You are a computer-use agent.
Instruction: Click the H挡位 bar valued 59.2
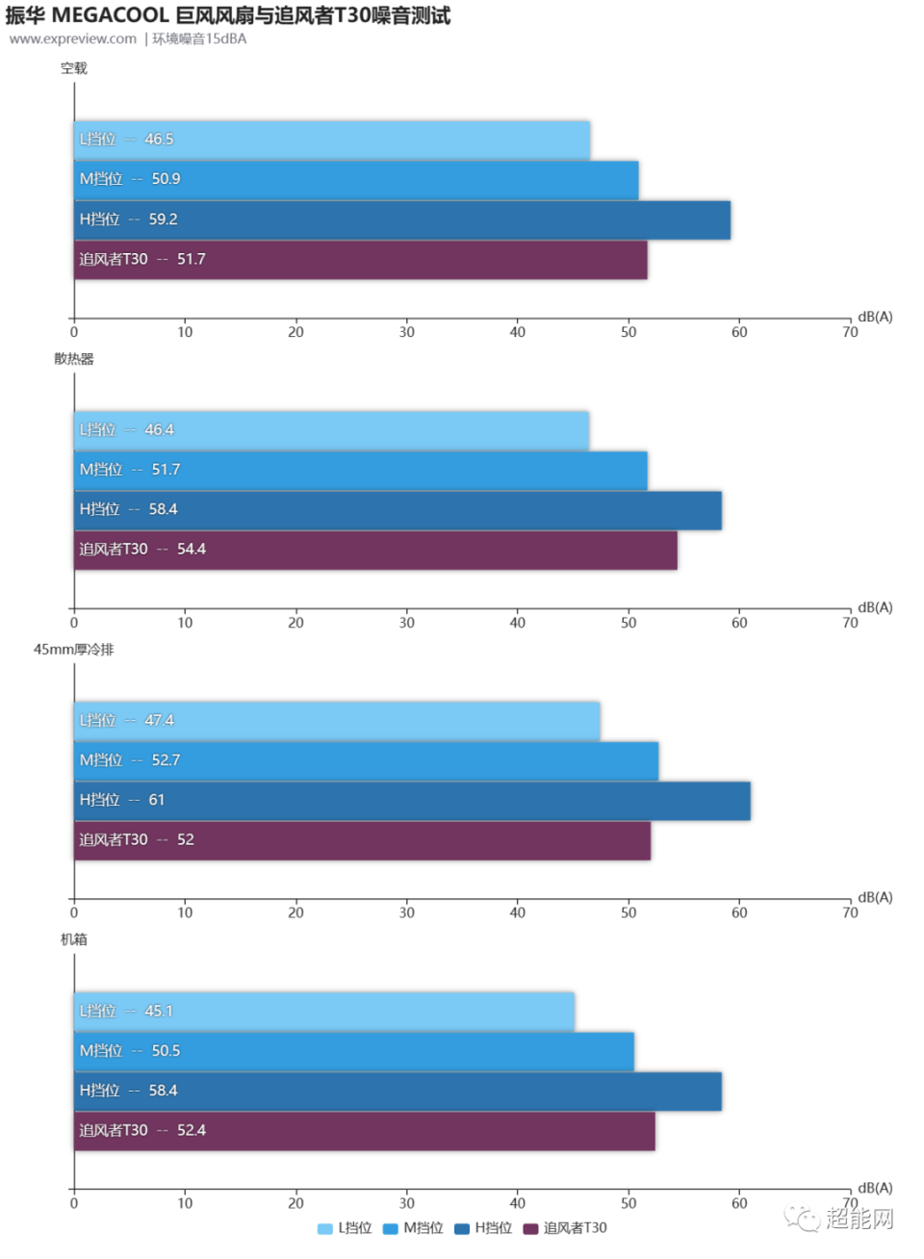[x=402, y=219]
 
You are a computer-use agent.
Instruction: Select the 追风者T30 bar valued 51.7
[x=361, y=260]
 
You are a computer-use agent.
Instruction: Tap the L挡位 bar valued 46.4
[x=332, y=430]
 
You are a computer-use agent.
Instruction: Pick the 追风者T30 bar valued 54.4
[x=375, y=550]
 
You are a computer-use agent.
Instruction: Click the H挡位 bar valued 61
[x=412, y=801]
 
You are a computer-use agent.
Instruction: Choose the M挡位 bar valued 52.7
[x=366, y=760]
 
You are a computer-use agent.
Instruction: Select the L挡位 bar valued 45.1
[x=324, y=1012]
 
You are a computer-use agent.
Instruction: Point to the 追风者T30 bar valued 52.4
[x=365, y=1131]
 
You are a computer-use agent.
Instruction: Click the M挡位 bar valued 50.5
[x=354, y=1051]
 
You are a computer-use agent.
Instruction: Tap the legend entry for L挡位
[x=345, y=1228]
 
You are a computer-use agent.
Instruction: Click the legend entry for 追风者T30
[x=565, y=1228]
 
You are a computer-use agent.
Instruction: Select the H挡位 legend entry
[x=483, y=1228]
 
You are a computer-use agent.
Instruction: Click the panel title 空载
[x=74, y=68]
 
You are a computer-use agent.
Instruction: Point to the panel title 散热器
[x=74, y=359]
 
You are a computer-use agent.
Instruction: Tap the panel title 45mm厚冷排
[x=74, y=650]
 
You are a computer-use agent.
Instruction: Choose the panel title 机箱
[x=74, y=939]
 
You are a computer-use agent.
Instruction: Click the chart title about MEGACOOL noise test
[x=228, y=15]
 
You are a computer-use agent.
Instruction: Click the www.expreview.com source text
[x=73, y=39]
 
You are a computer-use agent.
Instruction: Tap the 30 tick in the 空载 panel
[x=407, y=332]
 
